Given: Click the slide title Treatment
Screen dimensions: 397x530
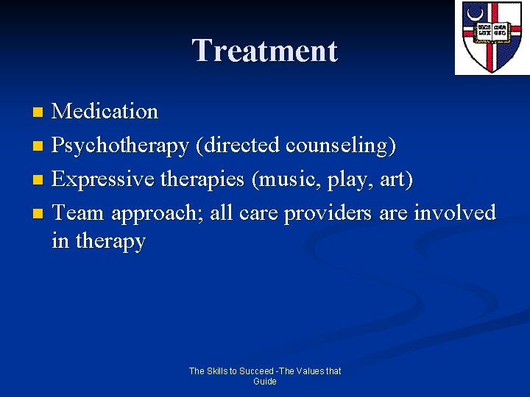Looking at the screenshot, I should click(265, 51).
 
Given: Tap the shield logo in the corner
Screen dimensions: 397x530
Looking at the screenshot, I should click(491, 37).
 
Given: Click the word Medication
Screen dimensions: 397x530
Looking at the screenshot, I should click(105, 112).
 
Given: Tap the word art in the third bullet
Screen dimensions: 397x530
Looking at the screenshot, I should click(397, 179).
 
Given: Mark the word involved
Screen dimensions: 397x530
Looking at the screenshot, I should click(455, 213).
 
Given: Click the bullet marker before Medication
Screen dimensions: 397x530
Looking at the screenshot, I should click(39, 112).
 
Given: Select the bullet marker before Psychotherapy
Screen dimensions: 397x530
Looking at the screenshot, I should click(39, 146).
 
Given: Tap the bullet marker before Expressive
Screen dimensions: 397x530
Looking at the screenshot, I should click(39, 180).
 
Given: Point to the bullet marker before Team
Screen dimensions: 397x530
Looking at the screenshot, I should click(39, 214).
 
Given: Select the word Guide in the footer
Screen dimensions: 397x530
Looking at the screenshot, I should click(265, 382).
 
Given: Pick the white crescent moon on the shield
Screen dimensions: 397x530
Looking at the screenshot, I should click(476, 13).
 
